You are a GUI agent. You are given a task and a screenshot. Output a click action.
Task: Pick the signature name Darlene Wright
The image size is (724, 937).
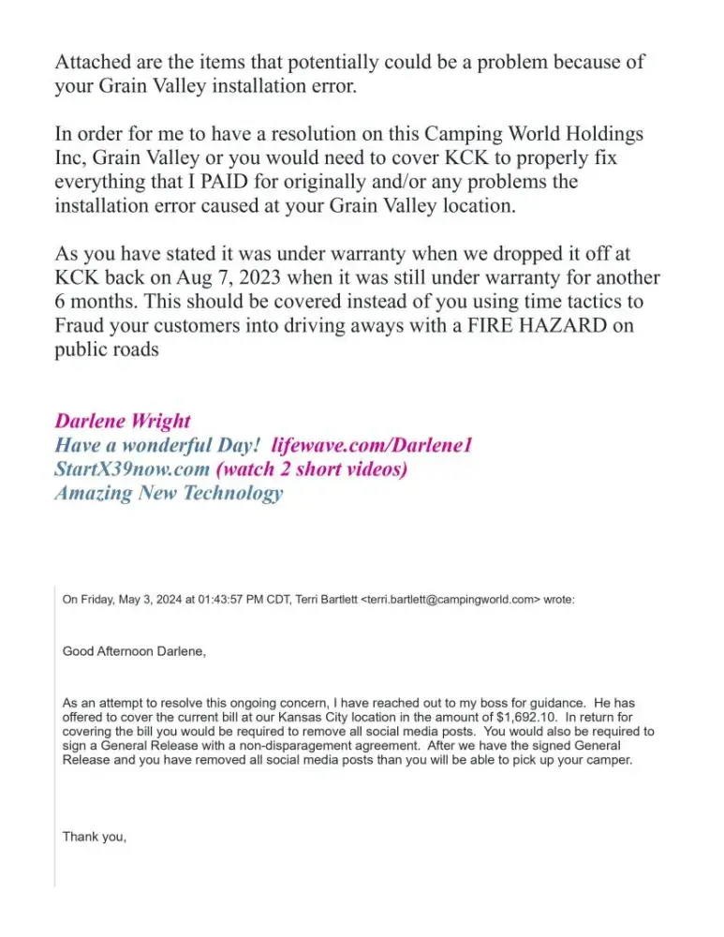point(123,420)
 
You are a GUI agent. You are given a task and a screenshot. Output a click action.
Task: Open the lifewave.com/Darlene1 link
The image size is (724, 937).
point(372,444)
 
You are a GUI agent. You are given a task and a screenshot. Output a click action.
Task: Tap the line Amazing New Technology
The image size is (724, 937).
point(169,493)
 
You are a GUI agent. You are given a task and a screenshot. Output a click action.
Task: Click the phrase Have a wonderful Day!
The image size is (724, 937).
point(159,444)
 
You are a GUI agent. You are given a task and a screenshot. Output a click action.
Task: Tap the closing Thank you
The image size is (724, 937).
point(94,836)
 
